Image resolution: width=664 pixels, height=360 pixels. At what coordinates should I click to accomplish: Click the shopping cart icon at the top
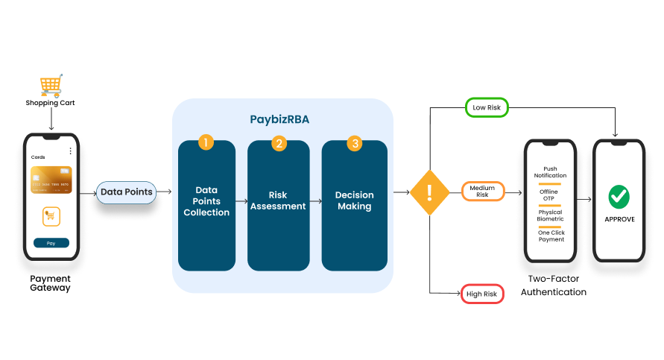tap(51, 86)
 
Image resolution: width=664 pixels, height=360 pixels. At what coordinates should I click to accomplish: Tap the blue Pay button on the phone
tap(51, 243)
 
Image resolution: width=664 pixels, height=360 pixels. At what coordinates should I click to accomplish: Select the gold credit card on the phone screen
tap(51, 180)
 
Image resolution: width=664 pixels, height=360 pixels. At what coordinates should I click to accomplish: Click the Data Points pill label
tap(126, 192)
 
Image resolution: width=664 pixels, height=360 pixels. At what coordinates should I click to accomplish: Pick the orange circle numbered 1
tap(206, 142)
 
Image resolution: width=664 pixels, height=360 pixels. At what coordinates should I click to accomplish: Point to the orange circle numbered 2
tap(279, 144)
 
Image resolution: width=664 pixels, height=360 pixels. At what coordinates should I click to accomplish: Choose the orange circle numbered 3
tap(355, 144)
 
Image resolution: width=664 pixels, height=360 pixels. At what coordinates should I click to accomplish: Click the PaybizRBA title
tap(279, 120)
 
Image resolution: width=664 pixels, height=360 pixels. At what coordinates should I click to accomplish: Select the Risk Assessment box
tap(279, 206)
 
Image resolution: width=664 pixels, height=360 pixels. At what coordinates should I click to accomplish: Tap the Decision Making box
tap(355, 206)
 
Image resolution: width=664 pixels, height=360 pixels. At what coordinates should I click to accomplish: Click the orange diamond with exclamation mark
tap(430, 193)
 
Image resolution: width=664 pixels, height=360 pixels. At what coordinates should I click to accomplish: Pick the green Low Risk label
tap(487, 107)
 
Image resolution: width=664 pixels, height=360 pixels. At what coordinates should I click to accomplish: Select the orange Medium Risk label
tap(483, 192)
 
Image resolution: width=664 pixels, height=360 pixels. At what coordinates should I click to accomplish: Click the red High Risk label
tap(482, 294)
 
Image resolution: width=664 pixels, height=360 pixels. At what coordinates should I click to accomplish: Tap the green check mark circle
tap(619, 197)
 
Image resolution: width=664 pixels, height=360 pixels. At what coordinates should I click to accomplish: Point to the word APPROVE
tap(619, 219)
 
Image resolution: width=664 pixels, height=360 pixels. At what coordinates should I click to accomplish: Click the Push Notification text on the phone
tap(550, 172)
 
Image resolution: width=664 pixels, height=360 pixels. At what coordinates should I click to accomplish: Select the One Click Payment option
tap(551, 236)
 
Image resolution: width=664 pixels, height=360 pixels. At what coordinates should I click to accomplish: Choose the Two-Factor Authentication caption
tap(554, 285)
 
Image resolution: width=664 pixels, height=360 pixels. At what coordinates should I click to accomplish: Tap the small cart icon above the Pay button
tap(51, 216)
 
